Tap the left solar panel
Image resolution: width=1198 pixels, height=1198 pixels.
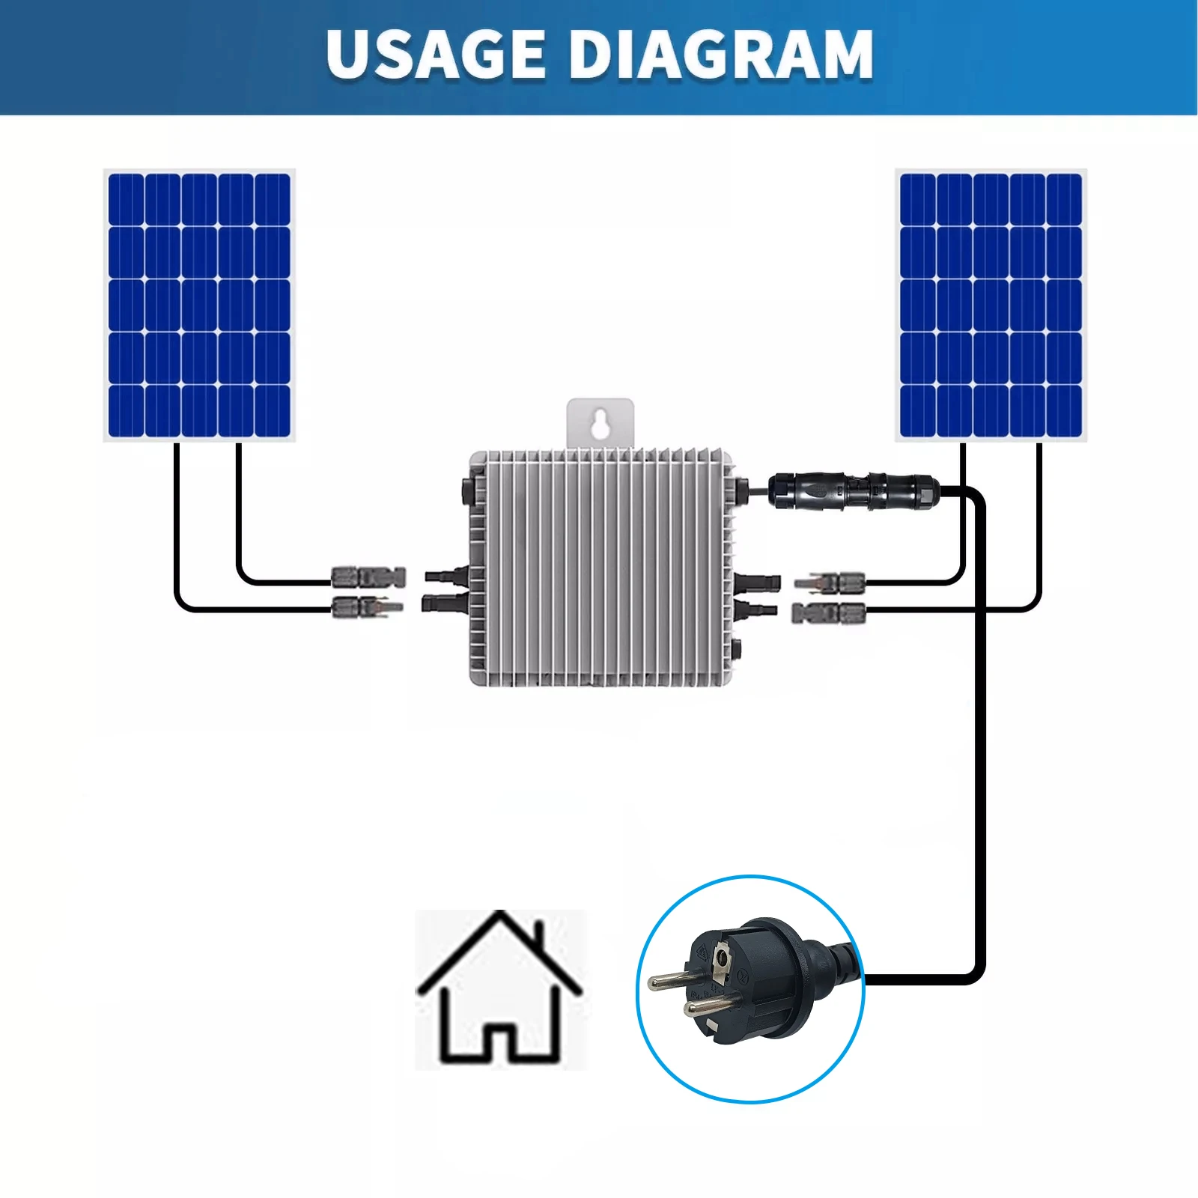click(199, 305)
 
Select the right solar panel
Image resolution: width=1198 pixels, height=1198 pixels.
click(991, 305)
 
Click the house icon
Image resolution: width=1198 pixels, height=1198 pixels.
click(499, 988)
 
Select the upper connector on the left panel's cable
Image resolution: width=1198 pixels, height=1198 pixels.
click(368, 577)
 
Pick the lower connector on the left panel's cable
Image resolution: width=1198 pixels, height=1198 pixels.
click(367, 606)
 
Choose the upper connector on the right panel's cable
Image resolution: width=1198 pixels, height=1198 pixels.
click(830, 581)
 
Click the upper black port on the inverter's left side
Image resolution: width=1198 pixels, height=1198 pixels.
click(446, 576)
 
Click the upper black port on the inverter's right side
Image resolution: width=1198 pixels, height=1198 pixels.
click(758, 582)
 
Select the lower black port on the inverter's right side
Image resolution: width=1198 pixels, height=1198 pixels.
click(758, 608)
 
